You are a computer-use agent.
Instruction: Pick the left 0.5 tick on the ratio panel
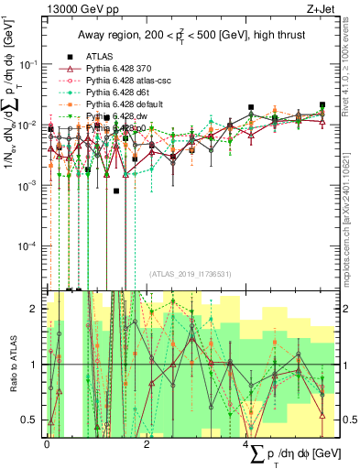pyautogui.click(x=33, y=420)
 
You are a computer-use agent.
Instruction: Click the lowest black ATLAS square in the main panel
pyautogui.click(x=116, y=191)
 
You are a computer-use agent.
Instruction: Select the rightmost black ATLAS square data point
pyautogui.click(x=322, y=105)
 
